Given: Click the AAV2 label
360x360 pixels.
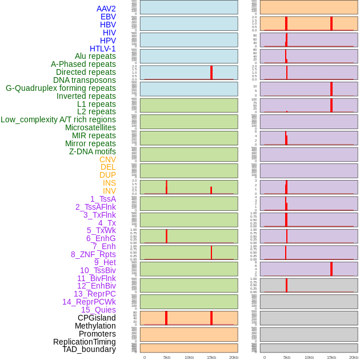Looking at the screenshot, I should coord(106,9).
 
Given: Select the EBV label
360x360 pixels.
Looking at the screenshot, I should coord(108,17).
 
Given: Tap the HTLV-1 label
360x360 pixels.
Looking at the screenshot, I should coord(102,49).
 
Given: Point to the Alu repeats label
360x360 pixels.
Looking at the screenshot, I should coord(95,56).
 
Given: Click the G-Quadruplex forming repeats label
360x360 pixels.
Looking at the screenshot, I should coord(61,88).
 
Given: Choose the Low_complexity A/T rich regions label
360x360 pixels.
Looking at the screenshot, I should coord(58,119).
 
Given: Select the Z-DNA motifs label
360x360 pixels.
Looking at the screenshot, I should coord(92,151).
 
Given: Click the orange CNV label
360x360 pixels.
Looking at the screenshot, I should coord(107,159).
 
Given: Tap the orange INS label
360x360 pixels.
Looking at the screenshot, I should coord(109,183).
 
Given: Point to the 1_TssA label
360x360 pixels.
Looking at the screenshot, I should coord(103,199).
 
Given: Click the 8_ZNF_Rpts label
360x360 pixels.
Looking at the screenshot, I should coord(93,254).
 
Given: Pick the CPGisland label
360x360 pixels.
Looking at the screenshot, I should coord(97,318).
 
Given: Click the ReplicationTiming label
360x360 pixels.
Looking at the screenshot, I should coord(85,342).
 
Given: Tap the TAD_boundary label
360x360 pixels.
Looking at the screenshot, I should coord(89,349).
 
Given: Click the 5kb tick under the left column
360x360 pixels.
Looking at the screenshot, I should coord(167,357).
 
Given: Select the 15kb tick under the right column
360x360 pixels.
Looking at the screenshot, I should coord(331,357).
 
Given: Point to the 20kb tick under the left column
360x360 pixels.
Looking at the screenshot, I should coord(234,357).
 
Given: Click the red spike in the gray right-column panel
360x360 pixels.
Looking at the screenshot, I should coord(286,285).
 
